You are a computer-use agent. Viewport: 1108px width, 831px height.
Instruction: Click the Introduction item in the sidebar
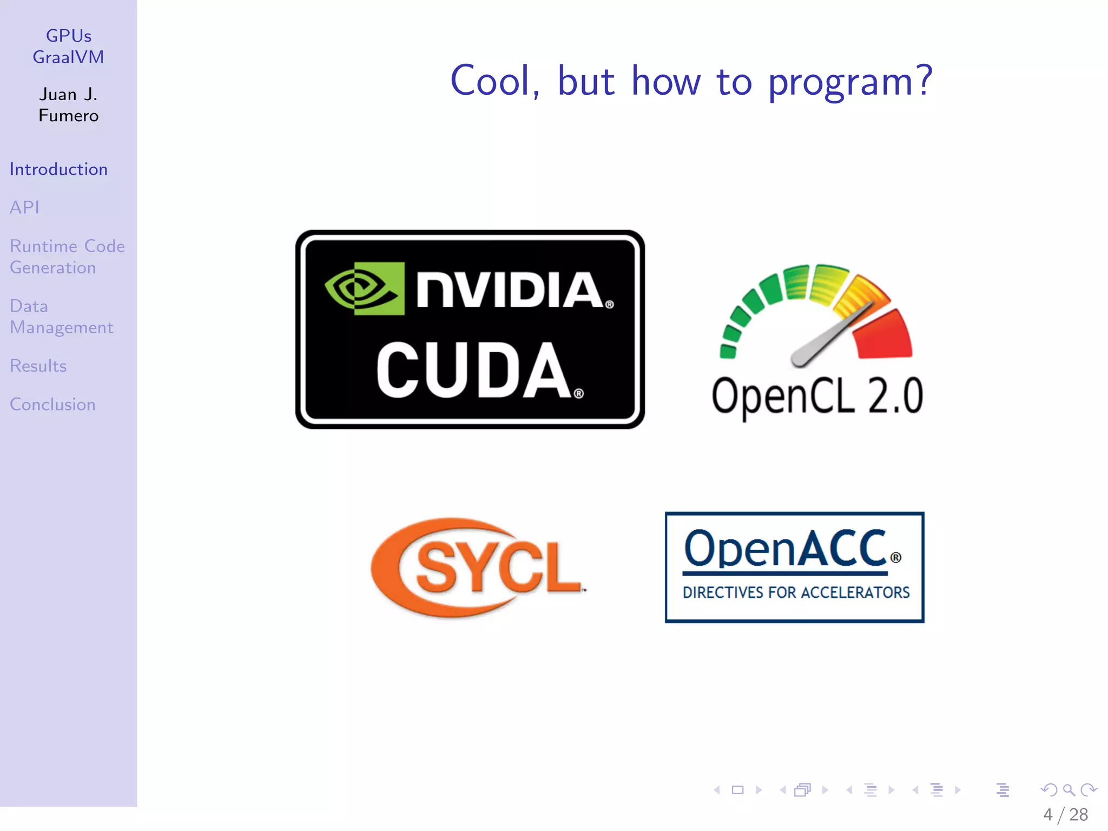coord(58,169)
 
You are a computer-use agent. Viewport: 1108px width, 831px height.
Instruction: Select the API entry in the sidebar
coord(24,207)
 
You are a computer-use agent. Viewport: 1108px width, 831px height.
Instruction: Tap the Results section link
coord(38,366)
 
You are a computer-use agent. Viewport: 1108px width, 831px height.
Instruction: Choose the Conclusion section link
coord(52,405)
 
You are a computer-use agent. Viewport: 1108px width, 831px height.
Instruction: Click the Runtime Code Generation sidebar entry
coord(67,257)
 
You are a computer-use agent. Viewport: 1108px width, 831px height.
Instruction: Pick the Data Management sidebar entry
coord(61,317)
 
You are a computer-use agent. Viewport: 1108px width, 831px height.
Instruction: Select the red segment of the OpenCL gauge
coord(883,335)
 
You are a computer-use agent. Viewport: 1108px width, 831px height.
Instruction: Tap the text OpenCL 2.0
coord(817,397)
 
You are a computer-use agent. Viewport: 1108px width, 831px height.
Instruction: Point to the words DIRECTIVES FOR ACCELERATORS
coord(796,593)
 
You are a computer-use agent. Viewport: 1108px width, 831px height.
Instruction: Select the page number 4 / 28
coord(1065,815)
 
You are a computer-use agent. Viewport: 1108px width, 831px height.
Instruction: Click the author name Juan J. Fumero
coord(69,105)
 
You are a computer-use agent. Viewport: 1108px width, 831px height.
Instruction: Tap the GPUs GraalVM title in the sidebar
coord(69,47)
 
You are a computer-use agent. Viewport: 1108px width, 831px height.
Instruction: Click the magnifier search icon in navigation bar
coord(1069,790)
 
